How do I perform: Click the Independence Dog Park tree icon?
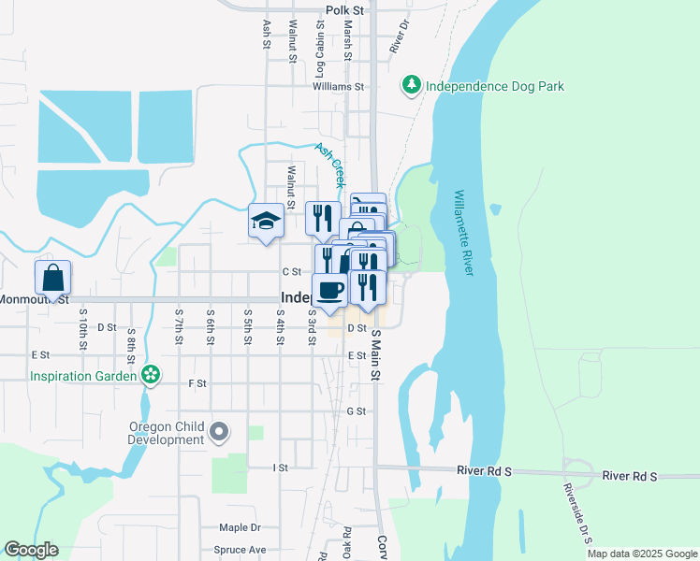(411, 85)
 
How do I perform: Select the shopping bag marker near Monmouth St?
(52, 278)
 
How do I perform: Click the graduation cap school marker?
(266, 223)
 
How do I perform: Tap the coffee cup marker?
(328, 289)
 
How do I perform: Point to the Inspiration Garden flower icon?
(150, 376)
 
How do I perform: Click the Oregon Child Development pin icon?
(220, 432)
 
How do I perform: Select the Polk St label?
(343, 10)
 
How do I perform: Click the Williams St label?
(338, 86)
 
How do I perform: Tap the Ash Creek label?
(329, 161)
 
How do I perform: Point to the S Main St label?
(377, 355)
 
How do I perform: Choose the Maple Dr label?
(240, 527)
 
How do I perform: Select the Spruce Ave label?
(241, 550)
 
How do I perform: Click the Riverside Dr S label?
(572, 505)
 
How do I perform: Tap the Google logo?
(31, 550)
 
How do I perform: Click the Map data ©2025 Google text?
(641, 554)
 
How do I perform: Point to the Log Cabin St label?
(319, 54)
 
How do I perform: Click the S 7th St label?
(177, 326)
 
